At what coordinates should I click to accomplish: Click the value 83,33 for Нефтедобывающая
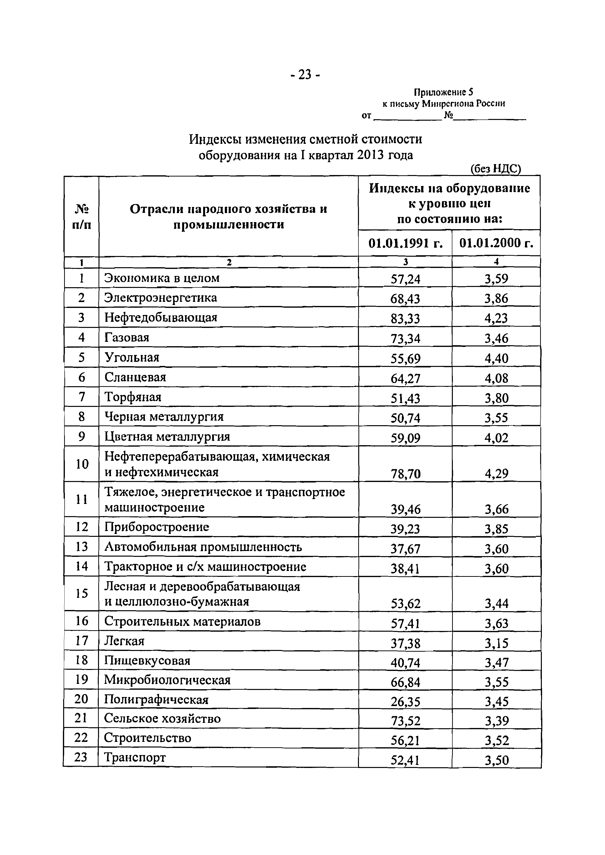point(405,319)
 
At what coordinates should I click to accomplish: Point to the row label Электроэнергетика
point(160,297)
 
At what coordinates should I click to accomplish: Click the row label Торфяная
point(133,397)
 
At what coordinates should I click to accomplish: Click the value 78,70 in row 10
point(405,474)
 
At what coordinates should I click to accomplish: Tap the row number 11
point(81,499)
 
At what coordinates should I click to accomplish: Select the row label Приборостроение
point(157,527)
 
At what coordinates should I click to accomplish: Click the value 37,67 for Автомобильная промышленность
point(405,549)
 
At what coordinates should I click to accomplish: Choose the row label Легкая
point(124,641)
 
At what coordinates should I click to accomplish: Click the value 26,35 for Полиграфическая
point(405,702)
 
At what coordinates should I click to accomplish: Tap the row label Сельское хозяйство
point(162,718)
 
